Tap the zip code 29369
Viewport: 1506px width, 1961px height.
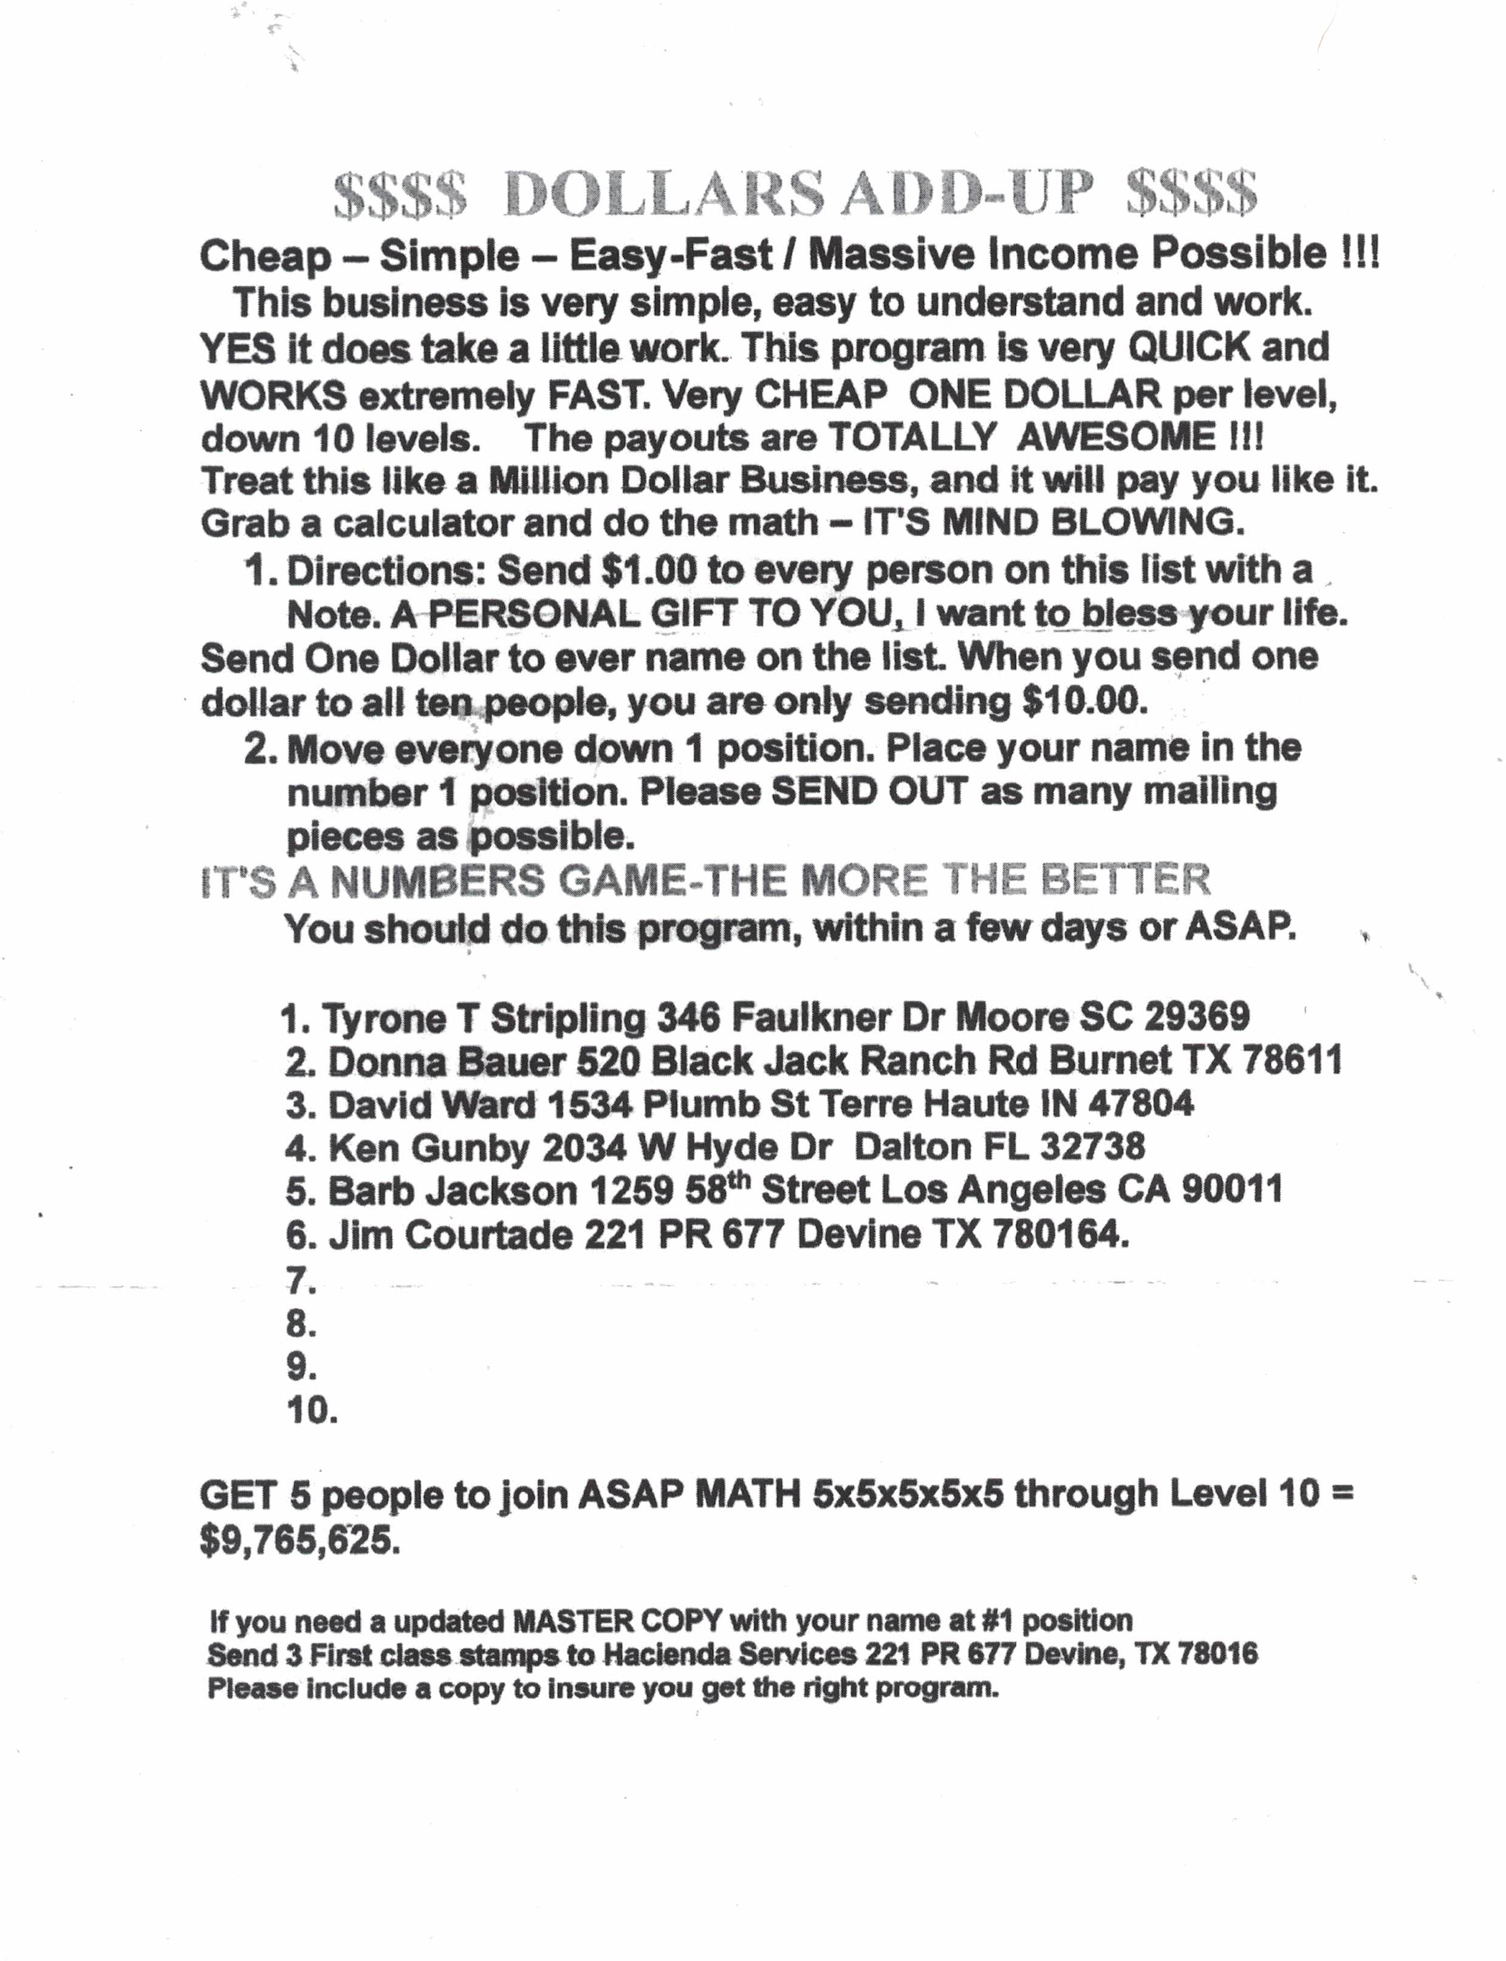pos(1197,1017)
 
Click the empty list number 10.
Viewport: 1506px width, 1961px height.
pos(311,1411)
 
